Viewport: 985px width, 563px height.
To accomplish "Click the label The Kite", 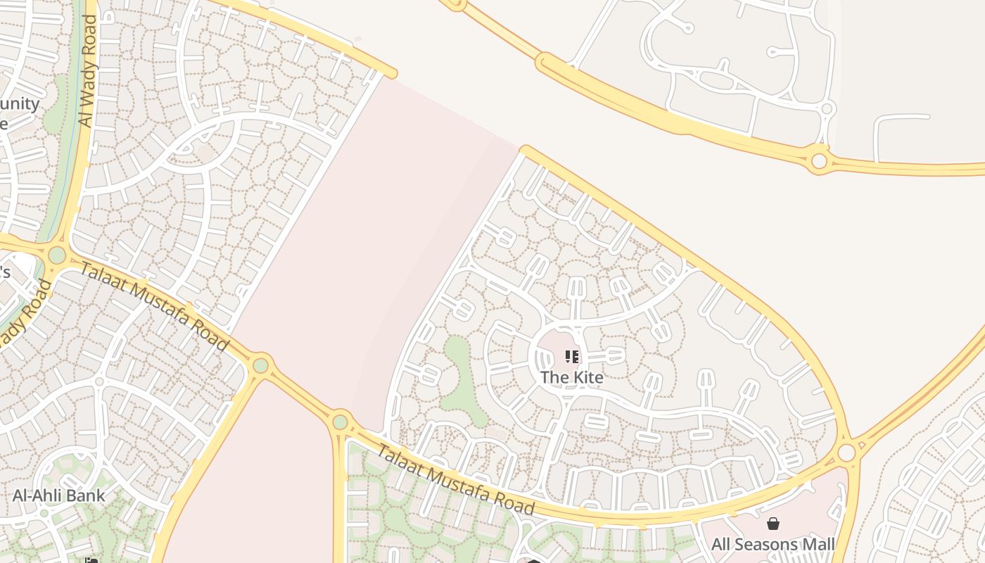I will (571, 377).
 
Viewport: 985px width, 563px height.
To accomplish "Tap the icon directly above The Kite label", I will (572, 357).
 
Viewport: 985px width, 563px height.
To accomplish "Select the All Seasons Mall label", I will (773, 544).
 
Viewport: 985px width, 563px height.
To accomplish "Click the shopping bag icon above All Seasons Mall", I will (773, 524).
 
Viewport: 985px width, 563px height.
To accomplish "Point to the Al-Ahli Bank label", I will (58, 495).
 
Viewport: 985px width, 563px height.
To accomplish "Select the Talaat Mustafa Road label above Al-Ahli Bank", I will (154, 306).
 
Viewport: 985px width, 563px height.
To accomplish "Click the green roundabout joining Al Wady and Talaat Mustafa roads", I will (57, 255).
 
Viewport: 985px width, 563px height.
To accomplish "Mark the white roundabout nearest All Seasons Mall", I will (846, 452).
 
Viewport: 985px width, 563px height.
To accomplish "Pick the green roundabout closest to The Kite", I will (341, 422).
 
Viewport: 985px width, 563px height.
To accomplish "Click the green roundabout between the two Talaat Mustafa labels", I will (261, 365).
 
